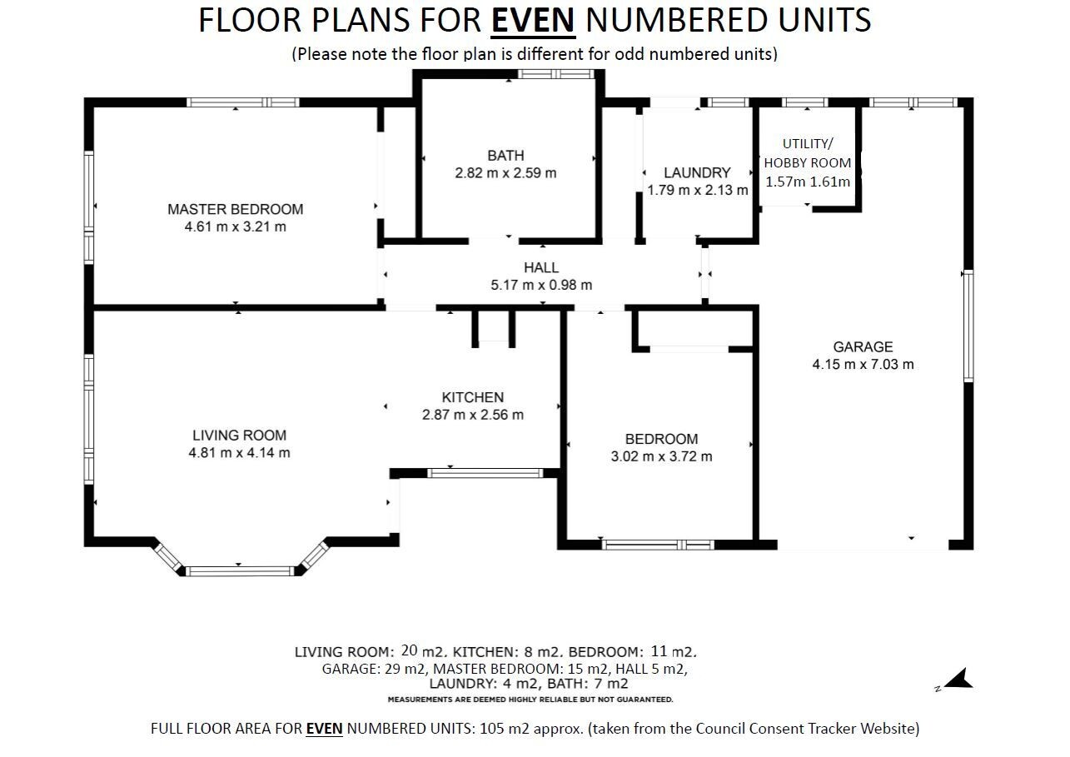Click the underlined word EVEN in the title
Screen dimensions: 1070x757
[533, 20]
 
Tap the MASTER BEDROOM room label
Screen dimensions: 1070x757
[236, 209]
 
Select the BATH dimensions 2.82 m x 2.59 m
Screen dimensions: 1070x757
[506, 173]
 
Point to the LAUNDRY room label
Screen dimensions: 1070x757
[698, 172]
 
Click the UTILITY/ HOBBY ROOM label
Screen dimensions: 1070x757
[807, 153]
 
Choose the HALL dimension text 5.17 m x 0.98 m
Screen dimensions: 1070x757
[541, 285]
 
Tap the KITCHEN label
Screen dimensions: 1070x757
[473, 397]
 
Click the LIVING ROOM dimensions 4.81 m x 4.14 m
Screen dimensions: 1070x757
[239, 452]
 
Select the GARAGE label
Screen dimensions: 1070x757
[863, 346]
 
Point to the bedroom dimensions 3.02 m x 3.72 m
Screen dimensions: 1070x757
[662, 456]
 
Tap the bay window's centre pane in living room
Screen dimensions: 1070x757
[240, 570]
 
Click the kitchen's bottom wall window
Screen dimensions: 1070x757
[485, 473]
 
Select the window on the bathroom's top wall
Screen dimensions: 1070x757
[556, 74]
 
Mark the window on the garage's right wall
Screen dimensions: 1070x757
[968, 326]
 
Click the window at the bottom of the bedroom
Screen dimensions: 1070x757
[658, 545]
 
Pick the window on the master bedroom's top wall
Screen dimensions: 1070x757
[242, 102]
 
